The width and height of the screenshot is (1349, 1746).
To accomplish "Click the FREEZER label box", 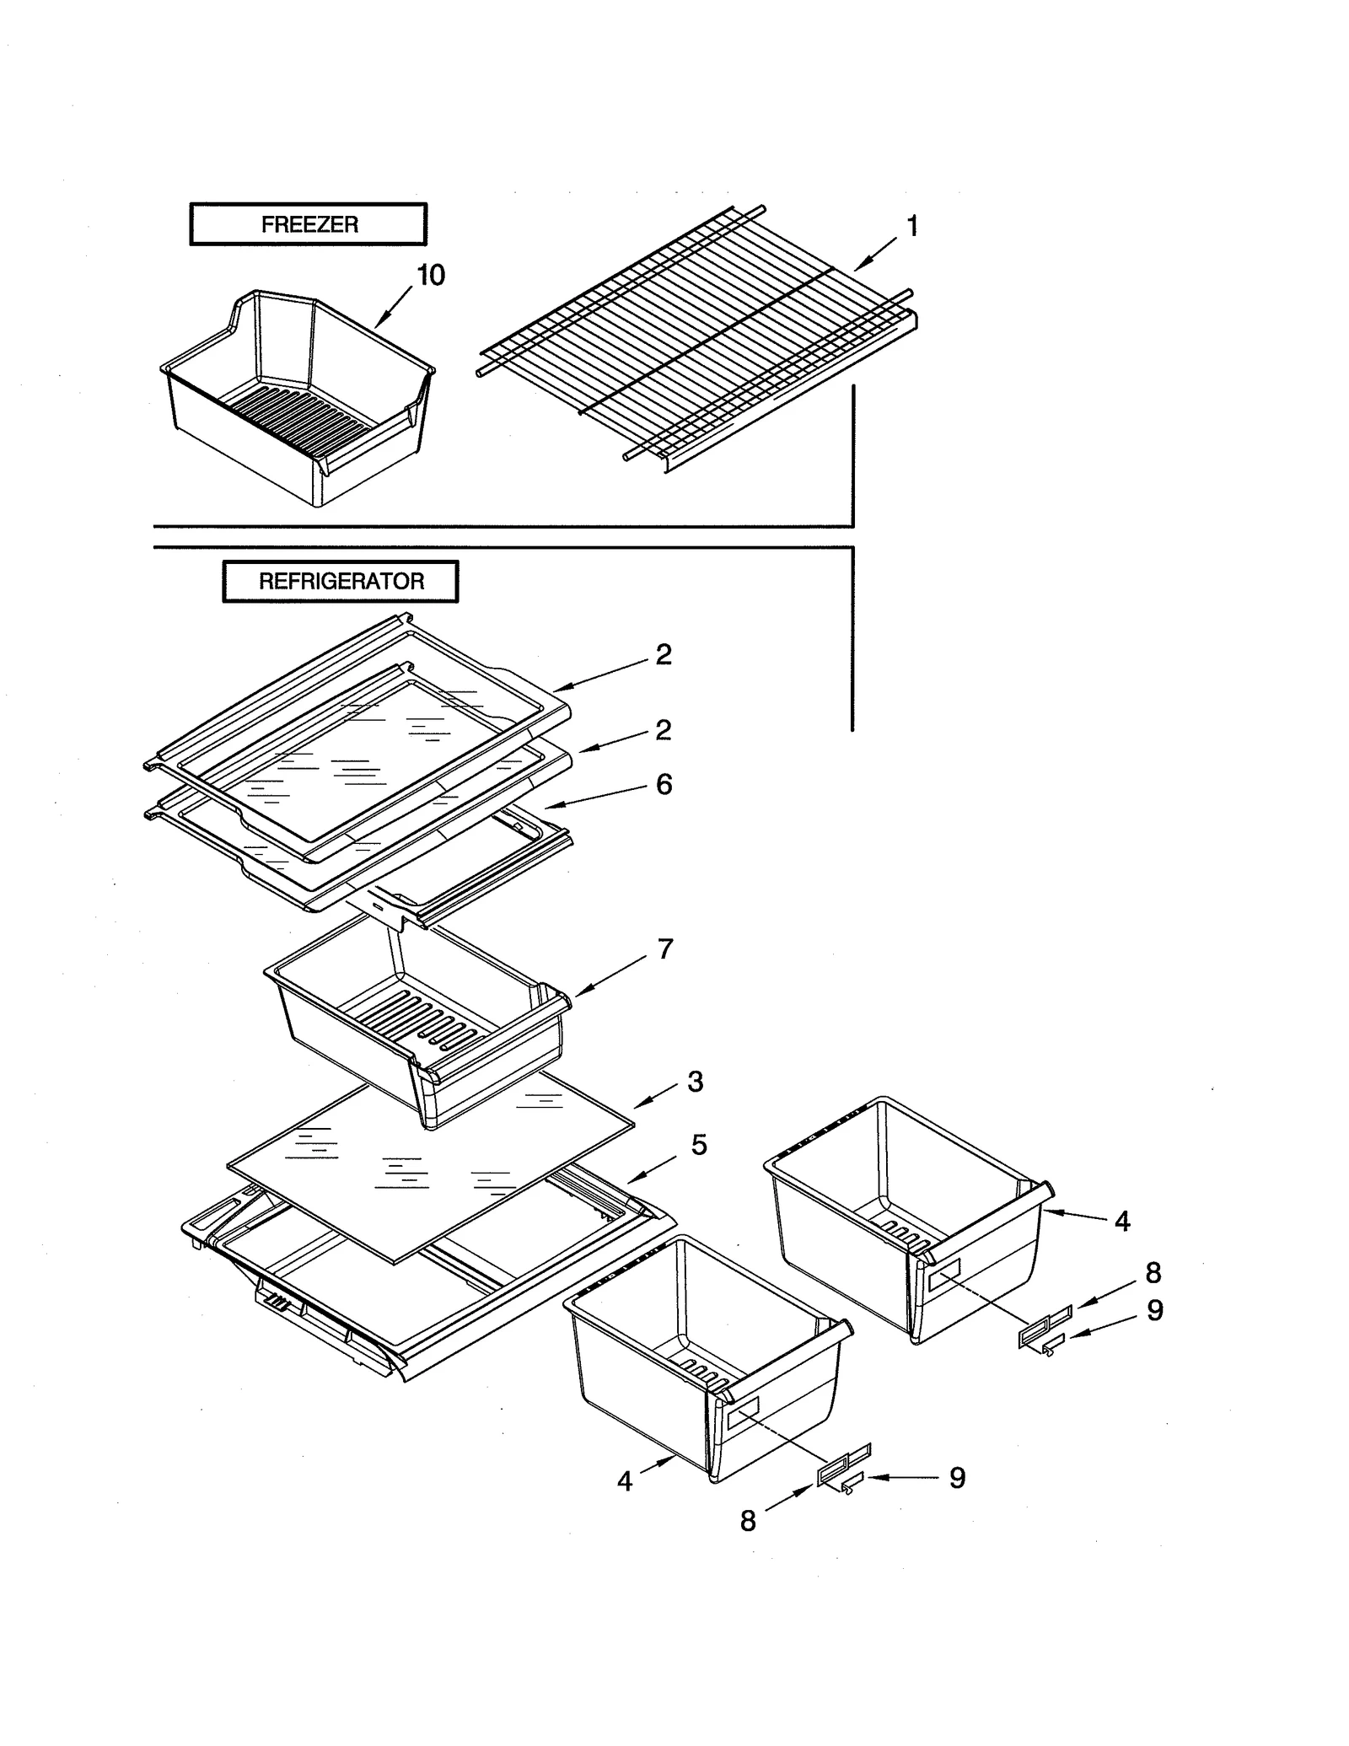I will coord(309,224).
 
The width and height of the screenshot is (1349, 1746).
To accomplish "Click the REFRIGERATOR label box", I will coord(341,581).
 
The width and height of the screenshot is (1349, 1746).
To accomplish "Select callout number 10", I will coord(431,275).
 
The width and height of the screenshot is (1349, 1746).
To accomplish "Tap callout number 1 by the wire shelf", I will coord(911,226).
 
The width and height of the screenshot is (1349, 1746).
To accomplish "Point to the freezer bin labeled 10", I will coord(295,405).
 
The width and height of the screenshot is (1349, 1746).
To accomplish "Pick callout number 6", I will coord(664,784).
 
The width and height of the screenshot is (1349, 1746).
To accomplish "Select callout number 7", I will coord(665,949).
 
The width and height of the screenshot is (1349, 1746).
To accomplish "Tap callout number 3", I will coord(695,1082).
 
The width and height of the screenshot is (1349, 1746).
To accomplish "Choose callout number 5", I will coord(699,1145).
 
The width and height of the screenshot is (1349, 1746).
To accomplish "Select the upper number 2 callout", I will coord(664,654).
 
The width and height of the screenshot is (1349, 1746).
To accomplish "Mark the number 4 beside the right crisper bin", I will coord(1121,1221).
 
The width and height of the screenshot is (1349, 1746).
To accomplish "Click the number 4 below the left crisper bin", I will coord(625,1481).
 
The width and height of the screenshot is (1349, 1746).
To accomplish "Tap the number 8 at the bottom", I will coord(748,1521).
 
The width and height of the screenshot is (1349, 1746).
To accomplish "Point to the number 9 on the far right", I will coord(1154,1310).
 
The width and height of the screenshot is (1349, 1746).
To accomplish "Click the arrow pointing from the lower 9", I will coord(902,1477).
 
